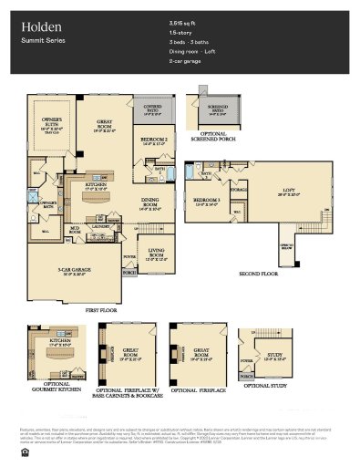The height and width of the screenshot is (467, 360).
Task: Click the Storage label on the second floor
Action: pos(239,192)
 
